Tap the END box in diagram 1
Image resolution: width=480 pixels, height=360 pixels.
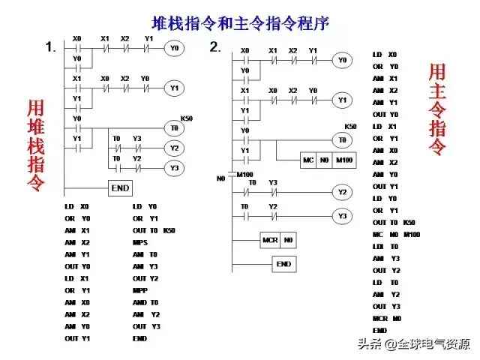coord(120,188)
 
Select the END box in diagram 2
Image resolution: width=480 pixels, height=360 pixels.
coord(283,264)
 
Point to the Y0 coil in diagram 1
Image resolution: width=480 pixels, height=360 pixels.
coord(174,48)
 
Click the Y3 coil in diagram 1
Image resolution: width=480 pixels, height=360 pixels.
coord(174,168)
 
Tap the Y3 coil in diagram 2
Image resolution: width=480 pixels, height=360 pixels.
coord(342,216)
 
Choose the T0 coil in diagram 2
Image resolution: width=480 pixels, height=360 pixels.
coord(342,139)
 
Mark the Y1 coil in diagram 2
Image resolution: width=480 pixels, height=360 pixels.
coord(342,100)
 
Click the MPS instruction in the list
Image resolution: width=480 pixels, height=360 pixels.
coord(140,243)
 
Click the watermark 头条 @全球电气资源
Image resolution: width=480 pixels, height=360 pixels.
coord(413,345)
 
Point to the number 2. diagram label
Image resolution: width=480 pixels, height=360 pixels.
coord(215,47)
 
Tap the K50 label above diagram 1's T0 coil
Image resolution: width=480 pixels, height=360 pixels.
coord(186,118)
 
